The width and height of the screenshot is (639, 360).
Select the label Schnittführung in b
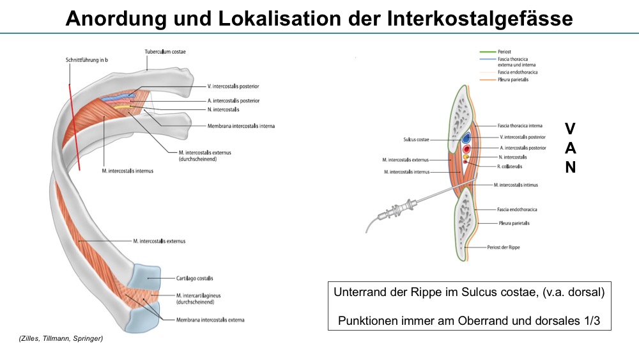coord(86,60)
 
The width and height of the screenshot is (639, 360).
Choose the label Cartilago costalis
coord(195,278)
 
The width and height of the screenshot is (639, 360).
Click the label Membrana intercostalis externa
coord(210,319)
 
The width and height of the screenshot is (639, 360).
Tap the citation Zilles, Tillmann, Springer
coord(61,338)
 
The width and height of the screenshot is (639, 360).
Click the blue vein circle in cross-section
coord(466,137)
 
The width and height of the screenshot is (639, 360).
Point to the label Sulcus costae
coord(418,138)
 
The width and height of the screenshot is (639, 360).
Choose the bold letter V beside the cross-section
coord(570,129)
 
